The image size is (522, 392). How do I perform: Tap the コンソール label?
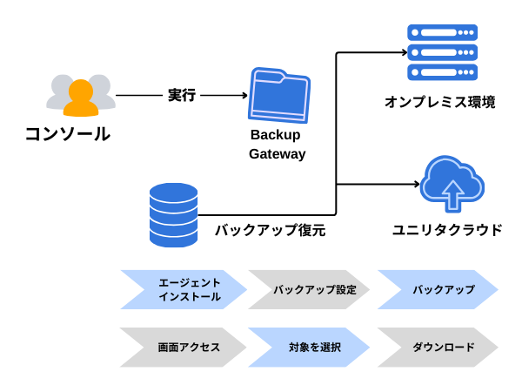pyautogui.click(x=67, y=134)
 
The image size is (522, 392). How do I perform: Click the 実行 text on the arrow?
pyautogui.click(x=181, y=95)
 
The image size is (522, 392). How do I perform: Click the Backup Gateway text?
pyautogui.click(x=277, y=145)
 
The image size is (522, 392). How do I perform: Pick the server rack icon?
pyautogui.click(x=442, y=52)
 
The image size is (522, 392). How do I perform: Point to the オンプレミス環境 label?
pyautogui.click(x=440, y=103)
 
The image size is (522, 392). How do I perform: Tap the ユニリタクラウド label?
pyautogui.click(x=446, y=230)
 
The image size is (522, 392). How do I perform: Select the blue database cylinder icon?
pyautogui.click(x=174, y=214)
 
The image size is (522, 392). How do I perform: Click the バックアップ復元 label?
pyautogui.click(x=270, y=231)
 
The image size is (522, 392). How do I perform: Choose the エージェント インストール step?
pyautogui.click(x=183, y=290)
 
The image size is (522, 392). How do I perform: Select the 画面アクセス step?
pyautogui.click(x=183, y=348)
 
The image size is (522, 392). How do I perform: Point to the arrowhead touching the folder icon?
pyautogui.click(x=244, y=95)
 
